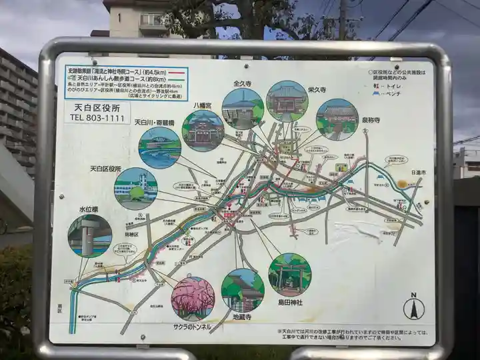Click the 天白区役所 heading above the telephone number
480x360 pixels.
click(97, 107)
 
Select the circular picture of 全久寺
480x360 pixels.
click(243, 109)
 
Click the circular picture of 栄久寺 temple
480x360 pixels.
click(287, 101)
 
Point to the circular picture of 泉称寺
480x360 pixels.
click(337, 119)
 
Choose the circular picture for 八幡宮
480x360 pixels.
click(203, 131)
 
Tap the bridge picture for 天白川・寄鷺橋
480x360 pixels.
click(159, 147)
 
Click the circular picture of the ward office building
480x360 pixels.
click(135, 189)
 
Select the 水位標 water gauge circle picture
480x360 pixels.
click(89, 236)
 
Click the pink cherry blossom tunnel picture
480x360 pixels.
click(193, 299)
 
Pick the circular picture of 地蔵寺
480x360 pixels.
click(243, 290)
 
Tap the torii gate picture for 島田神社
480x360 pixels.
click(289, 275)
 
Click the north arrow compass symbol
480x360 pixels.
click(413, 307)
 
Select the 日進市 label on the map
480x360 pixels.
click(417, 172)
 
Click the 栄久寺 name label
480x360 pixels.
click(317, 89)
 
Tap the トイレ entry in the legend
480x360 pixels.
click(388, 85)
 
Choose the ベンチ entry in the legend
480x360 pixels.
click(389, 93)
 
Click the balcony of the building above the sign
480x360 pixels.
click(153, 22)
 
